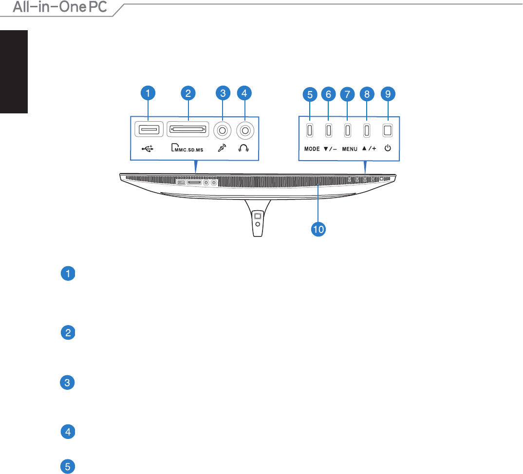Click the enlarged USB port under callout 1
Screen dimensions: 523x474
tap(149, 129)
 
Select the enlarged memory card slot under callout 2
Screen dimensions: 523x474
tap(188, 129)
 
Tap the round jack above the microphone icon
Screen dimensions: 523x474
tap(222, 130)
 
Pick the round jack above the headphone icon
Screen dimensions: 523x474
tap(245, 130)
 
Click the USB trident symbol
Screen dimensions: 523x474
tap(148, 148)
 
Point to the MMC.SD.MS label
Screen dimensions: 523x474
tap(187, 147)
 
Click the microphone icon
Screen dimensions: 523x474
tap(222, 148)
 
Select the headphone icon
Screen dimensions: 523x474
tap(243, 148)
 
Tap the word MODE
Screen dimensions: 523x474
tap(312, 148)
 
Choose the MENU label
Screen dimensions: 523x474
tap(350, 149)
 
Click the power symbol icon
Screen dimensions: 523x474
tap(388, 148)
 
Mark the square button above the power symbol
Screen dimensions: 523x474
tap(388, 130)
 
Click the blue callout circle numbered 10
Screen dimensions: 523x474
tap(318, 229)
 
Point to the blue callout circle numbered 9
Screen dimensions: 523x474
tap(388, 94)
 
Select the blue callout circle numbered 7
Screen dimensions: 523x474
tap(347, 94)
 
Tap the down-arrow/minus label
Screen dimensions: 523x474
tap(330, 148)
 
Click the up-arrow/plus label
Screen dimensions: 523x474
tap(369, 148)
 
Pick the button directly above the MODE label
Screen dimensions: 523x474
tap(310, 130)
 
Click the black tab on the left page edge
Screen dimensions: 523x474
tap(14, 72)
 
